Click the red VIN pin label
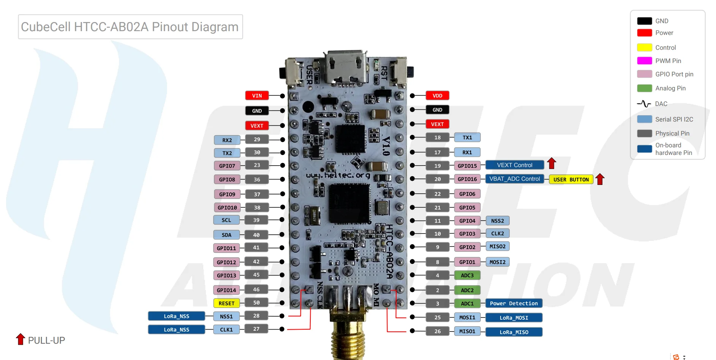coord(257,96)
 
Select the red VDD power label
coord(437,96)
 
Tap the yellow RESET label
coord(226,303)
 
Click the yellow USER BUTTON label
coord(571,180)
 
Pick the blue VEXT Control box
coord(514,165)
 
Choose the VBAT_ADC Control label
coord(514,179)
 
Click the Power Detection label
coord(514,303)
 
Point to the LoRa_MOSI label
coord(514,318)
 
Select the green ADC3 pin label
coord(467,275)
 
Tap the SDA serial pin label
coord(226,235)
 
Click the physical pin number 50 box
coord(256,303)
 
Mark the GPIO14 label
coord(226,290)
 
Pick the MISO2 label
coord(497,246)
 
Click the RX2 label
coord(227,140)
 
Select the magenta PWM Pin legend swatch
coord(644,61)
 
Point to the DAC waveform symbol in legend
coord(644,104)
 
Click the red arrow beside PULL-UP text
coord(21,339)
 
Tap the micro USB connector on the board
coord(346,68)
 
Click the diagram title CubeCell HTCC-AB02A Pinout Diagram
coord(130,27)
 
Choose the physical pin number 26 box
coord(437,332)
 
